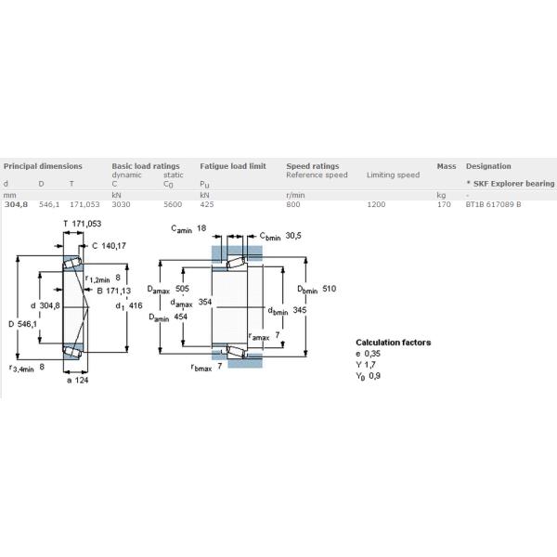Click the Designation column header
(488, 166)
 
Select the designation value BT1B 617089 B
(494, 204)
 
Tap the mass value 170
(444, 204)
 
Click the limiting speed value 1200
(376, 204)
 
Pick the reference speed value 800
(293, 204)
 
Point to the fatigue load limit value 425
(207, 204)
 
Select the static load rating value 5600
(173, 204)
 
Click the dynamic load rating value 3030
(121, 204)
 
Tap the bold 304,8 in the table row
(16, 204)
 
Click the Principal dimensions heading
(43, 166)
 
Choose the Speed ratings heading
(313, 166)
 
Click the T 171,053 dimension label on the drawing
(83, 224)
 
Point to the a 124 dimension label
(77, 380)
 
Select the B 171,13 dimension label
(114, 291)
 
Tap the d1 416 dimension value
(136, 305)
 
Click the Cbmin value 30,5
(293, 236)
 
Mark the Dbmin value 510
(329, 289)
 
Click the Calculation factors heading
(394, 343)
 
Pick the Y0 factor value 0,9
(375, 375)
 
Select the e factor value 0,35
(372, 354)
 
